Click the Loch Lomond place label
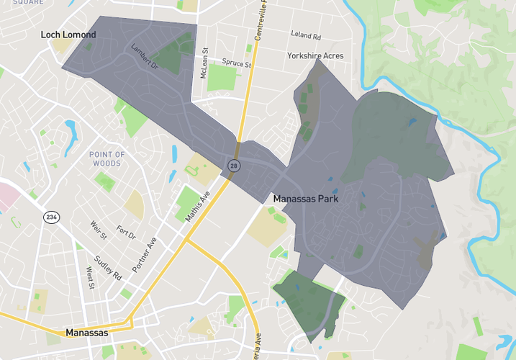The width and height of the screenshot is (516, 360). point(68,35)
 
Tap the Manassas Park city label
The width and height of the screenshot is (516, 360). point(306,198)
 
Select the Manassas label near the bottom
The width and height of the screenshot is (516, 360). point(86,333)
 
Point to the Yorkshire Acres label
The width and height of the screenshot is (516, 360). point(315,55)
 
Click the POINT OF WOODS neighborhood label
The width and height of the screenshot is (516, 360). point(107,158)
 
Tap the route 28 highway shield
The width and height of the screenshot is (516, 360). point(234,166)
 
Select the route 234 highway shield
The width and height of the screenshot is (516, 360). point(51,217)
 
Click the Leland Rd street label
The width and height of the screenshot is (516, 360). point(306,34)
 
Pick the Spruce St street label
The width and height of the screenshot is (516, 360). point(237,63)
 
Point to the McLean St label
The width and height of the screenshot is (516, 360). point(204,62)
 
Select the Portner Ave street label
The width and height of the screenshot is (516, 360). point(144,252)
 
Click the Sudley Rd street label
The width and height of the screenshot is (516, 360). point(108,265)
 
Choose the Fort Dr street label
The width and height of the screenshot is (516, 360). point(126,234)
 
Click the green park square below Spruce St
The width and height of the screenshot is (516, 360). point(222,77)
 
